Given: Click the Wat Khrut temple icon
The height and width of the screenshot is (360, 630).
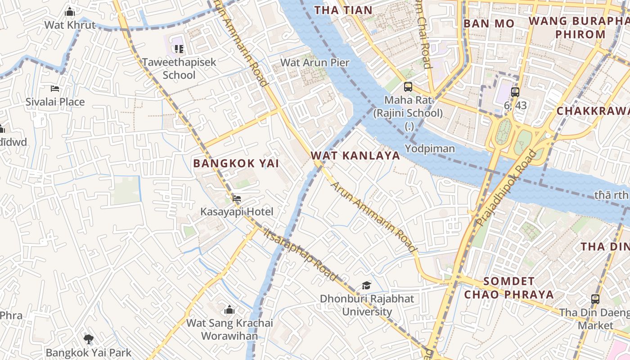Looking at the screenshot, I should [70, 11].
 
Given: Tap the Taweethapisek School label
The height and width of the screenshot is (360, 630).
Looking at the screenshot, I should [179, 68].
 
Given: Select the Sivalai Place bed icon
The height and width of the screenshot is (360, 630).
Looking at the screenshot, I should [55, 89].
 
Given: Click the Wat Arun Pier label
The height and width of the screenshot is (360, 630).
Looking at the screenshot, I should [315, 63].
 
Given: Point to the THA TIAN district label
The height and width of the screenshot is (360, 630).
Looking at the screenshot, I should [343, 10].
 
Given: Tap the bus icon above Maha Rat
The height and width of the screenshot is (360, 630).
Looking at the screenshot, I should [408, 86].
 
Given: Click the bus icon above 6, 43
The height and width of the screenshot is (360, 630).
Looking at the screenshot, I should [515, 92].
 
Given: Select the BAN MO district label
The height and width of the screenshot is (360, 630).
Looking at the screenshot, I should [489, 23].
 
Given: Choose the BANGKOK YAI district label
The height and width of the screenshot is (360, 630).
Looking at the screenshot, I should [236, 163].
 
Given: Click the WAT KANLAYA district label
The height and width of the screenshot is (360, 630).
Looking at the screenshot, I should [355, 156].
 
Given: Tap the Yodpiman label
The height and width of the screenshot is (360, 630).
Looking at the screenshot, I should [430, 148].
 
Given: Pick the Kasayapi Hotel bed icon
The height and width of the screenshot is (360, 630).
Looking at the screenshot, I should [237, 198].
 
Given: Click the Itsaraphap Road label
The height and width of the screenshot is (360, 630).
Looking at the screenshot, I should [300, 255].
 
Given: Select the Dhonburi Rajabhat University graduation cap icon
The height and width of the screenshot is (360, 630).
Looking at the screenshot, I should [367, 285].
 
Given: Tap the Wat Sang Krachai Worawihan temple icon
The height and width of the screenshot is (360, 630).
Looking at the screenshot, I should [229, 310].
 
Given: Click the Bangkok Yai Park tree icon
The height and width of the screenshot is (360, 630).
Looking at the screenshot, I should [89, 339].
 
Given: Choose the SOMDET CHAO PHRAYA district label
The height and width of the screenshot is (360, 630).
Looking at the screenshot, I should [508, 288].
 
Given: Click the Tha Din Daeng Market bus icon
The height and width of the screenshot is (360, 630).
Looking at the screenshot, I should [595, 299].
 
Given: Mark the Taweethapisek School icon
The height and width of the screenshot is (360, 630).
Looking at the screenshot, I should [179, 49].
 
